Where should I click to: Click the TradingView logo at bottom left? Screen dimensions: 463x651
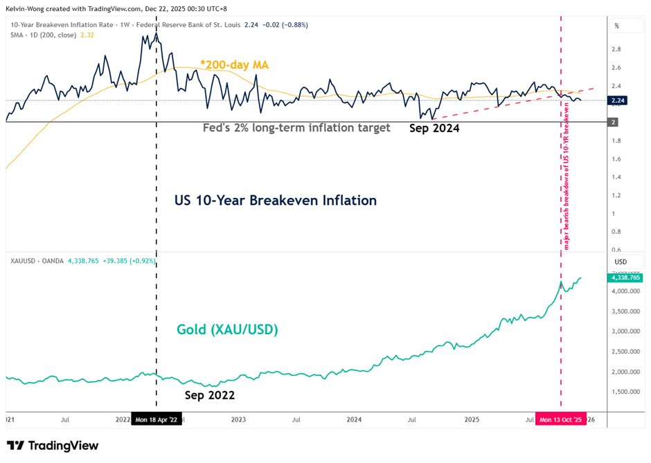[53, 446]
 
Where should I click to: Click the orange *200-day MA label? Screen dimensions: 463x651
[234, 64]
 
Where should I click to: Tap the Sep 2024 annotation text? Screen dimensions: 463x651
[434, 128]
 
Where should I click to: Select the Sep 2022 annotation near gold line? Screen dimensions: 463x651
[210, 395]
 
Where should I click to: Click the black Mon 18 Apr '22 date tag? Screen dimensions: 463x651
[157, 419]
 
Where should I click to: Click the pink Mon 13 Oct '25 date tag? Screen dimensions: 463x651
[562, 419]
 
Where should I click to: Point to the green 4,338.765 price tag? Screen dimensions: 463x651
[625, 278]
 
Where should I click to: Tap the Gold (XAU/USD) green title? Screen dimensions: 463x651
[227, 329]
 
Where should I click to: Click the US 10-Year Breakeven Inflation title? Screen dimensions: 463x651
[275, 201]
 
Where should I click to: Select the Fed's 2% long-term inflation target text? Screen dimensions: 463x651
[296, 128]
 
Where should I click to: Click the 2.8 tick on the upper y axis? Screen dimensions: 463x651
[615, 49]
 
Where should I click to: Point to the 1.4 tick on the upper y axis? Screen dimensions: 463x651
[615, 177]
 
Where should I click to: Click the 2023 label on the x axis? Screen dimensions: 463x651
[238, 419]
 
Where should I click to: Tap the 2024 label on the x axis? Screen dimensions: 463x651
[354, 419]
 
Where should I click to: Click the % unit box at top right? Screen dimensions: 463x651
[616, 26]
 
